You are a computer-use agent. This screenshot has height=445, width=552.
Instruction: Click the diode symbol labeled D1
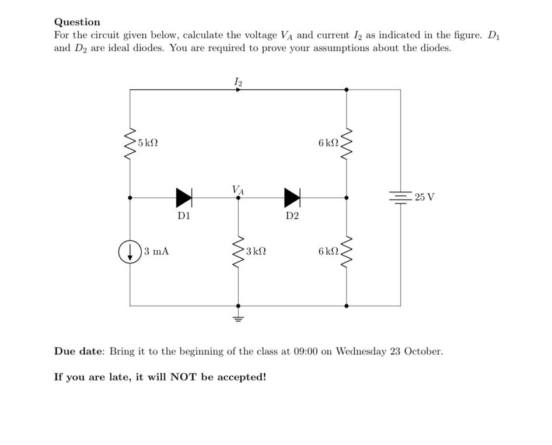184,198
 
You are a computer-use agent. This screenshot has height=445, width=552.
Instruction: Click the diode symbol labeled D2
292,198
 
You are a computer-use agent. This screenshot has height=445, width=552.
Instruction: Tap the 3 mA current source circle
130,251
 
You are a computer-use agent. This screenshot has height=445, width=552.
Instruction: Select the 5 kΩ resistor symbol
130,143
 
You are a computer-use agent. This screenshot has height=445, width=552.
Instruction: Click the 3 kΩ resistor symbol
237,251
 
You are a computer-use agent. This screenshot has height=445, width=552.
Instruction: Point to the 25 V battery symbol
401,197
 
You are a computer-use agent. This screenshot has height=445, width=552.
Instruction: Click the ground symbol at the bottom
237,318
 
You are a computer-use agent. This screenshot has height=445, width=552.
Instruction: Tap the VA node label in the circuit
237,189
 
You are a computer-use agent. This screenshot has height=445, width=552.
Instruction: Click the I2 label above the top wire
237,82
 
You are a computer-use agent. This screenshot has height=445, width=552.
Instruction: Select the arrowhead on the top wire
236,90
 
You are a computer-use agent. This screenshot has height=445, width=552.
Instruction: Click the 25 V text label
424,197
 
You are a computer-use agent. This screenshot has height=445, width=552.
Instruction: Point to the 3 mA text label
156,251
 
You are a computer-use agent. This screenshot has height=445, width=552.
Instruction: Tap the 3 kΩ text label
256,251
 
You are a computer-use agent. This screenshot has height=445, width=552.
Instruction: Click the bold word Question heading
77,22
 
